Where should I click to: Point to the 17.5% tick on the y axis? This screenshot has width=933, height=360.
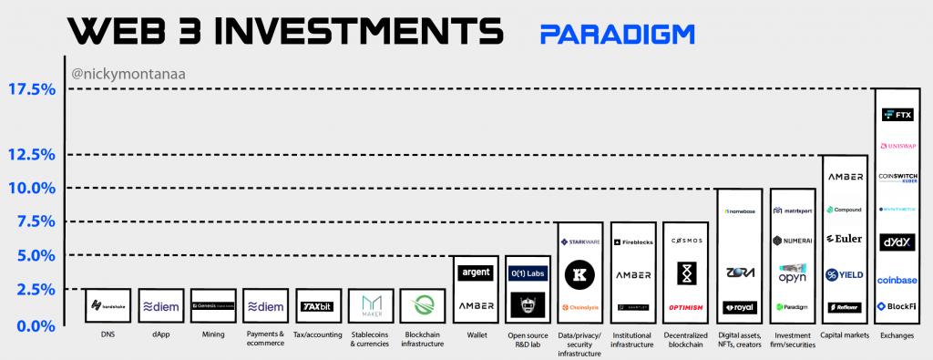click(32, 89)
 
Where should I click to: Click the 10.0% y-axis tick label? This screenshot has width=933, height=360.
click(32, 188)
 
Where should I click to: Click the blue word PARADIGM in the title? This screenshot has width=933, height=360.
click(617, 34)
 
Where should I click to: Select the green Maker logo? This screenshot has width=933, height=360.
click(370, 305)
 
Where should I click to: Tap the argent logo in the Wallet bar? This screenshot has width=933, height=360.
click(476, 273)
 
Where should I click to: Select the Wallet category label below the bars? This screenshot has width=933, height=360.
click(476, 334)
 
